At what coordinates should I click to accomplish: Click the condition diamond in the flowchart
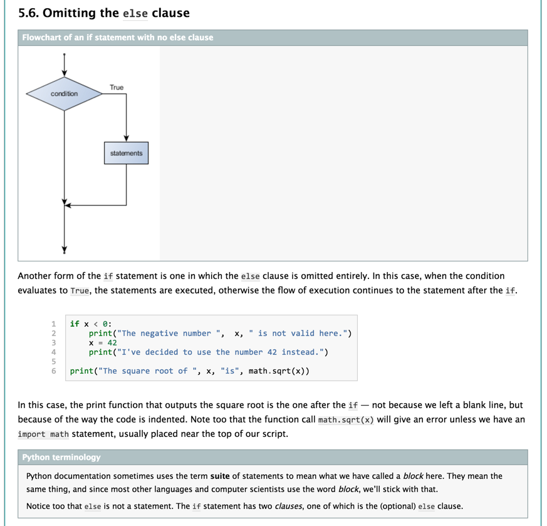[64, 94]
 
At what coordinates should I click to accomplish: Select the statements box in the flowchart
[127, 153]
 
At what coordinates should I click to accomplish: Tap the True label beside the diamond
[117, 87]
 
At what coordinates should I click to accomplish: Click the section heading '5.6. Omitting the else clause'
[104, 13]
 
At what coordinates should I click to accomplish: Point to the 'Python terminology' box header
[61, 457]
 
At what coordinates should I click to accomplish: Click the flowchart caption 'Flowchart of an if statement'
[118, 38]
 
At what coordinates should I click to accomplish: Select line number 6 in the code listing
[54, 371]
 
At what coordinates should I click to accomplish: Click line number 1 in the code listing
[54, 324]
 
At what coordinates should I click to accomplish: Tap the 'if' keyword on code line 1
[75, 324]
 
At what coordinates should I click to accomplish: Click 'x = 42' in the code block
[103, 343]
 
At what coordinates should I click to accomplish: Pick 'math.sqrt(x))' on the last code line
[279, 371]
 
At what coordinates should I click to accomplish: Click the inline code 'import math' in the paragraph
[43, 434]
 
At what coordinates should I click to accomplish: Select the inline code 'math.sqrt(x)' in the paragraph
[346, 419]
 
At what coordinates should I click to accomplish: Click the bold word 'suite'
[220, 476]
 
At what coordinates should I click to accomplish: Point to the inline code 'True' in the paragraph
[80, 291]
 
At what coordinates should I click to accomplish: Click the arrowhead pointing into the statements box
[127, 139]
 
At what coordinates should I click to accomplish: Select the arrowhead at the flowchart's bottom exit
[64, 250]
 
